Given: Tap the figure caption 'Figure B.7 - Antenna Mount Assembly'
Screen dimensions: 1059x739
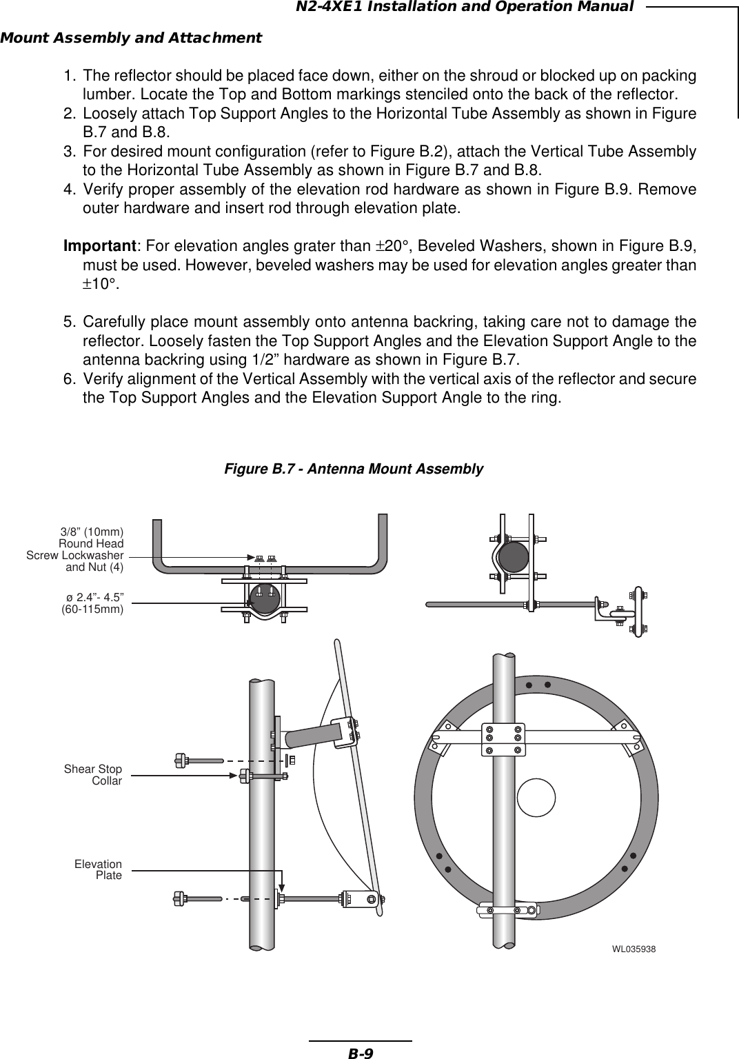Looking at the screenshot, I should coord(354,469).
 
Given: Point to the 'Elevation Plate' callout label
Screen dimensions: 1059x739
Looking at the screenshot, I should coord(98,869).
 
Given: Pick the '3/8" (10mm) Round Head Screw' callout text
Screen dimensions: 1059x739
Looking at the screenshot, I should coord(76,549).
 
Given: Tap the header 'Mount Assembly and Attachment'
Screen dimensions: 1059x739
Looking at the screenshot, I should coord(131,37).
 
